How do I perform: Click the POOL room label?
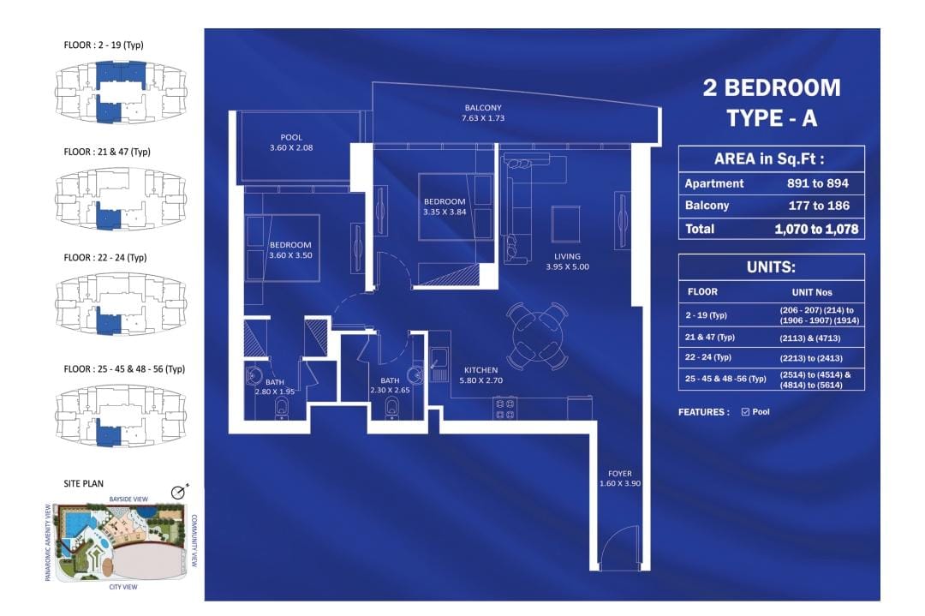291,137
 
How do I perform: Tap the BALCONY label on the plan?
483,108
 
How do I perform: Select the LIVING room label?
568,257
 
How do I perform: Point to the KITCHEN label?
480,370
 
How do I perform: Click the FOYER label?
620,473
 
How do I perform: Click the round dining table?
537,337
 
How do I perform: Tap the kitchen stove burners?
505,409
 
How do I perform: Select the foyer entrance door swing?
619,547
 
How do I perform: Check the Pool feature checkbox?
745,412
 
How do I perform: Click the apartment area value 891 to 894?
818,183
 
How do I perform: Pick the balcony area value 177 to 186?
819,206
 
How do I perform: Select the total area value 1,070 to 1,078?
816,229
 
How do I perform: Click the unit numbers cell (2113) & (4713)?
810,338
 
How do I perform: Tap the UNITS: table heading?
771,267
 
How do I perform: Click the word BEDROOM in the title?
782,88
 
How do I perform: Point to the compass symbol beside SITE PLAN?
179,492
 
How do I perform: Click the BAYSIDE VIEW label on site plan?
128,499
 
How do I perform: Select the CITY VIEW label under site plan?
123,587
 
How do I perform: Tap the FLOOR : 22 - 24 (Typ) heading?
105,258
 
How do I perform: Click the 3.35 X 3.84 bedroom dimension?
445,212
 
